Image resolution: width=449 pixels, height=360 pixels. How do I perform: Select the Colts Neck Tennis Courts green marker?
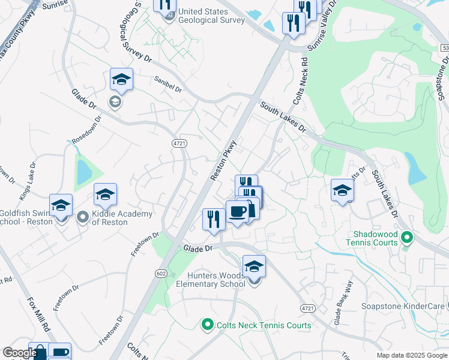(x=208, y=325)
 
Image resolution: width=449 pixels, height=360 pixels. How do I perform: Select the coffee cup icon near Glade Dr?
(x=237, y=212)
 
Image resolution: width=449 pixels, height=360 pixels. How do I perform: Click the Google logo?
(x=19, y=353)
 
